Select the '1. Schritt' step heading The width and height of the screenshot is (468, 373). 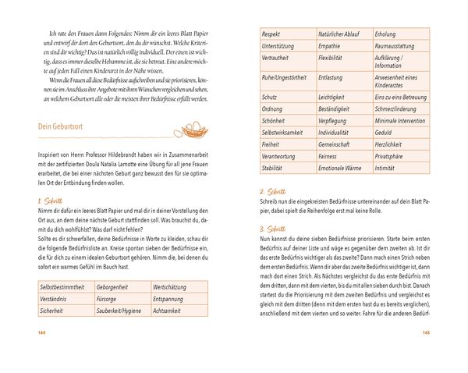[51, 201]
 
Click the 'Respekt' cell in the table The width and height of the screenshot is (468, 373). [274, 35]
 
